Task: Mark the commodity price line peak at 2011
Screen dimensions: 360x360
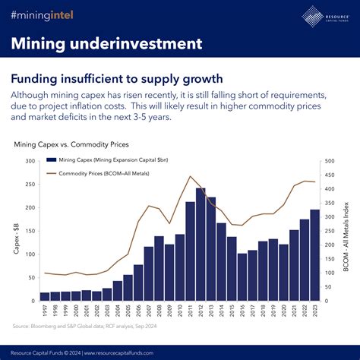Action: [190, 177]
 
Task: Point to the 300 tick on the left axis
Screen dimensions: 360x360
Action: [30, 161]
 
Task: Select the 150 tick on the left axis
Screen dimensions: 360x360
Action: [30, 231]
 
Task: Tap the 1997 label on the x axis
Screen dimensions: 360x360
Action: [45, 312]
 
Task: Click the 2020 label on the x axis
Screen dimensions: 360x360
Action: [283, 312]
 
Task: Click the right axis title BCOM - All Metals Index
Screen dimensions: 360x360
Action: [346, 232]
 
